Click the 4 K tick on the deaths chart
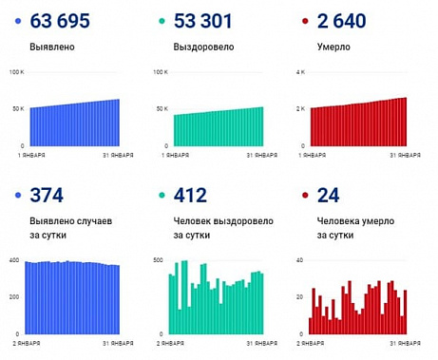(299, 73)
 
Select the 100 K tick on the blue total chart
(15, 73)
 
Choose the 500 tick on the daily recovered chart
(157, 259)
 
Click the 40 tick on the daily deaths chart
(298, 259)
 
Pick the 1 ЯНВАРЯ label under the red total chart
(315, 155)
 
